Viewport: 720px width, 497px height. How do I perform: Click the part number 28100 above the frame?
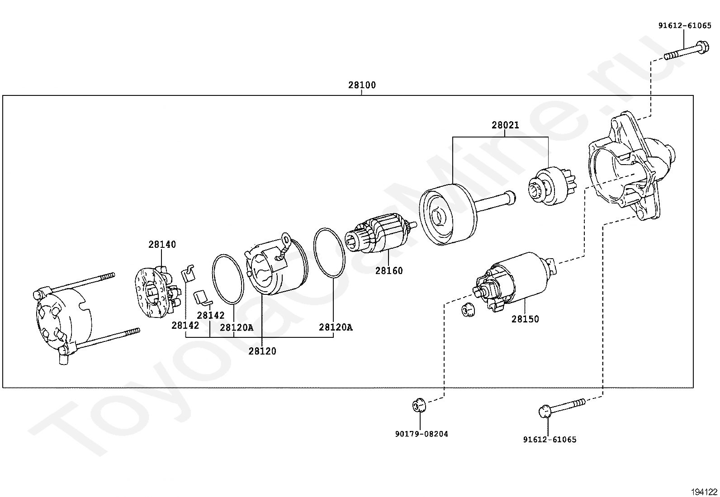click(362, 85)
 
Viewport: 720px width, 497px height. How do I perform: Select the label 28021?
click(505, 125)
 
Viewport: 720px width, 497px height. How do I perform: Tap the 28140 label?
click(162, 245)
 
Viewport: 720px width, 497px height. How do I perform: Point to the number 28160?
click(389, 271)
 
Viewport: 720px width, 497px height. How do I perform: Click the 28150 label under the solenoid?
click(525, 319)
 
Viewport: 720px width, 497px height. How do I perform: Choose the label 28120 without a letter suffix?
click(262, 351)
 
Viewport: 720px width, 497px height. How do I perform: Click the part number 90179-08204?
click(422, 434)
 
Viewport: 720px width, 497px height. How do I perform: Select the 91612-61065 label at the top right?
click(685, 26)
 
